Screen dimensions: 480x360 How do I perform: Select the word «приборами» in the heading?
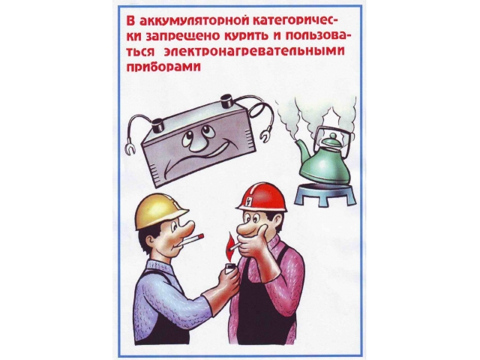(x=163, y=67)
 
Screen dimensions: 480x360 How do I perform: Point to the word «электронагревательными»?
(x=254, y=51)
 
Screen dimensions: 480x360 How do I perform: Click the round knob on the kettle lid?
(x=333, y=135)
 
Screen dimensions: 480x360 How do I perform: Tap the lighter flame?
(x=228, y=246)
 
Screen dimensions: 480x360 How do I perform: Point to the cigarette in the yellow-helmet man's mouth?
(x=193, y=238)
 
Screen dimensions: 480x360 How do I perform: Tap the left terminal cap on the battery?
(x=158, y=125)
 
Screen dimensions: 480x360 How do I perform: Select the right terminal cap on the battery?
(x=227, y=100)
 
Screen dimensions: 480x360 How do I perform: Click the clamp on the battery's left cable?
(x=130, y=148)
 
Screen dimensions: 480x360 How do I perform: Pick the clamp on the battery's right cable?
(x=265, y=134)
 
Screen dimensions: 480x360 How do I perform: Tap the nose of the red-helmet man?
(x=245, y=227)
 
